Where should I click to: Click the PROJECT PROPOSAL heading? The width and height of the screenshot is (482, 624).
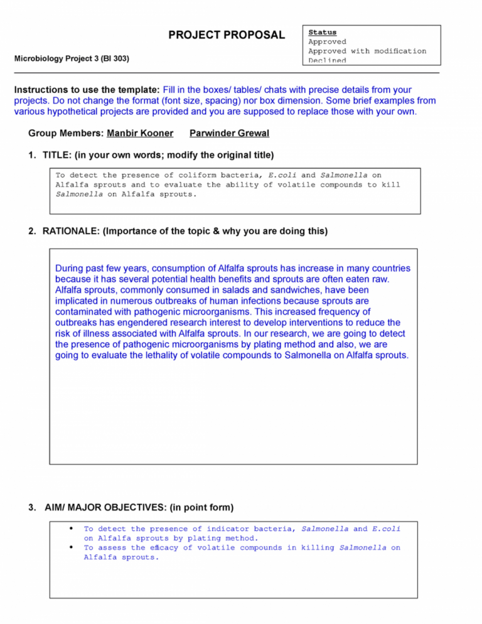[227, 35]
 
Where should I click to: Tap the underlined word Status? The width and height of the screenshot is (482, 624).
[322, 32]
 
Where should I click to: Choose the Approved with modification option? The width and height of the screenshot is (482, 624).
[367, 51]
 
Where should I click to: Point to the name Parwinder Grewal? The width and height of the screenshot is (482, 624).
[229, 134]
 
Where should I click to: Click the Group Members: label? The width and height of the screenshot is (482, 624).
[66, 134]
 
